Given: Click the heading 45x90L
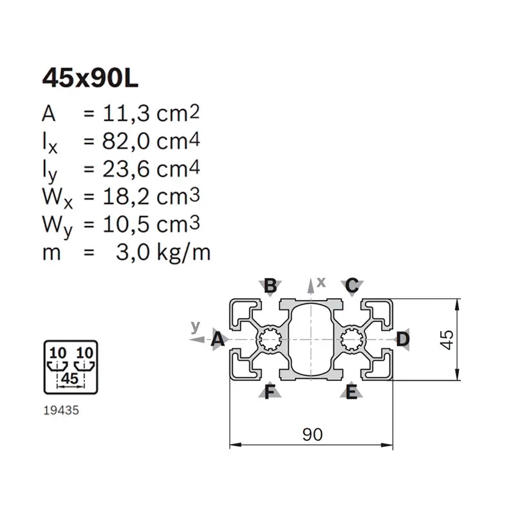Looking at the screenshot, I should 90,79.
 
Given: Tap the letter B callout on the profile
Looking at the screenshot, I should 271,285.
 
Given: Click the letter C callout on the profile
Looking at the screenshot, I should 351,285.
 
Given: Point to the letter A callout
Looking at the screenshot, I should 218,339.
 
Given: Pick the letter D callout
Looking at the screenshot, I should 402,339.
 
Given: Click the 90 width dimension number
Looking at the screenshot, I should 312,435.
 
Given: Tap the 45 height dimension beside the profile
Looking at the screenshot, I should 448,339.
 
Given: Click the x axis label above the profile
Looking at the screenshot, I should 321,281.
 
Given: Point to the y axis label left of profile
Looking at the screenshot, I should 196,326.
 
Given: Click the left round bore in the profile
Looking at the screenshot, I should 269,338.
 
